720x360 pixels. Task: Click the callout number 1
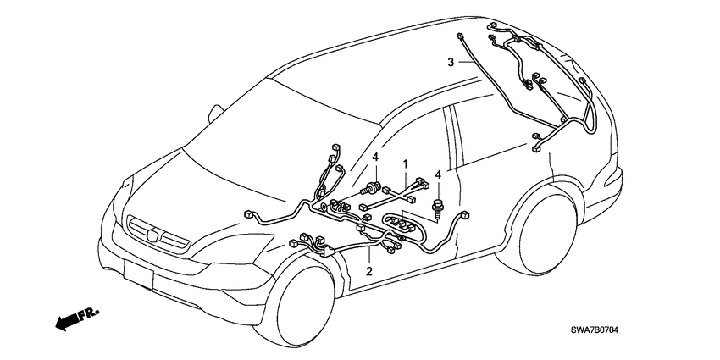[406, 163]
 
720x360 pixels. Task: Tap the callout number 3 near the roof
[451, 61]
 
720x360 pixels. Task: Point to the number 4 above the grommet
[374, 157]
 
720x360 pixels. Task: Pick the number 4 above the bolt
[438, 174]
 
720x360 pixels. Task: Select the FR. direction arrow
[75, 318]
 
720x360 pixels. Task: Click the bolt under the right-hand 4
[438, 205]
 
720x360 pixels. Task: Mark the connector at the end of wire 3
[457, 36]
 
